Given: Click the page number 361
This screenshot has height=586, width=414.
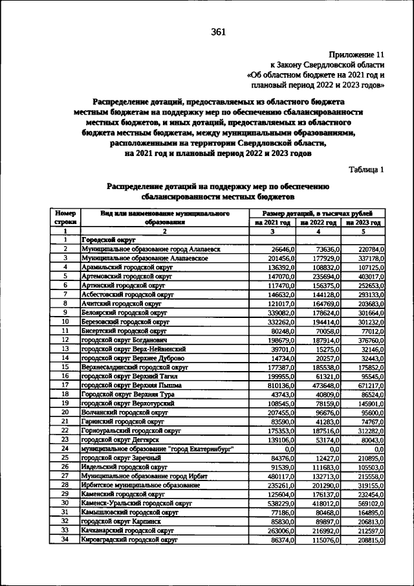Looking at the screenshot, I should pos(218,34).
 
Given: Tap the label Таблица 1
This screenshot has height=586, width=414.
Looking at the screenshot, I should pos(367,170).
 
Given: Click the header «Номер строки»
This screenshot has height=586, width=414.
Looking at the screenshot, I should pos(65,217).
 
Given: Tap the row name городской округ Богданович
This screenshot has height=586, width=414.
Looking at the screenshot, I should pos(125,339).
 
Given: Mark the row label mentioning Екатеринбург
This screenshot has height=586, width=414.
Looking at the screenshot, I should pos(157,448).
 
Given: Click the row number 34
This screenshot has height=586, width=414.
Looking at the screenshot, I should pos(65,539).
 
